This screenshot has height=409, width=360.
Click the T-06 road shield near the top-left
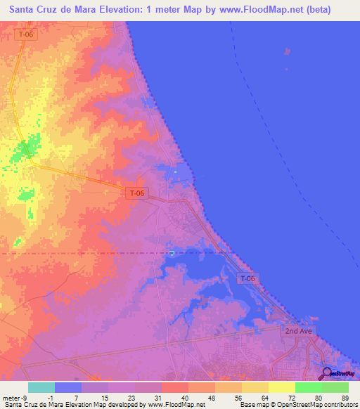[25, 34]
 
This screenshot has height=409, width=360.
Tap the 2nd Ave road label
[297, 330]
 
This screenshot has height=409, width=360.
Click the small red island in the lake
[287, 51]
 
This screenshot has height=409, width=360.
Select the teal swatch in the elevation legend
[41, 387]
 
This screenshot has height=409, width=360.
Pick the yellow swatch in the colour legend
[282, 387]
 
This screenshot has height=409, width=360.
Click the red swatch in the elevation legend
[175, 387]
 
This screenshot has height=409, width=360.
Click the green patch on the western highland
[27, 149]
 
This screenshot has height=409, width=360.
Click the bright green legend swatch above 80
[309, 387]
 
